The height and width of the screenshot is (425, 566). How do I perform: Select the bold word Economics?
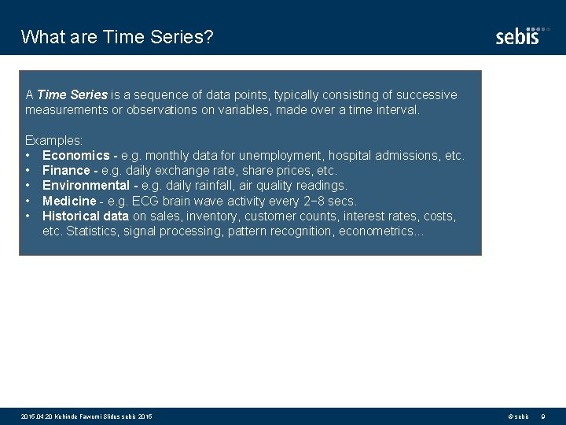[x=75, y=156]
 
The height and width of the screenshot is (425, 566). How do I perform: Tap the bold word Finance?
[x=66, y=171]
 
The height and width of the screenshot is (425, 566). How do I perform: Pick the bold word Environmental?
[x=86, y=186]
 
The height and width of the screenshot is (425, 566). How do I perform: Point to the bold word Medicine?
[x=68, y=201]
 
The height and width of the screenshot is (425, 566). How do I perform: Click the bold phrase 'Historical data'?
[x=86, y=216]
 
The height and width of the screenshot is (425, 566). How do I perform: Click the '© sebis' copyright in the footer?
[x=518, y=416]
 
